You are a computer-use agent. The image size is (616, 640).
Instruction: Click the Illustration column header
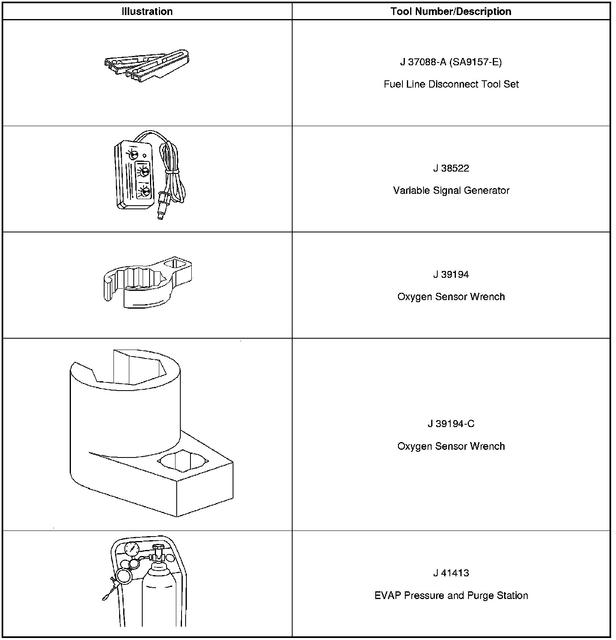(x=147, y=11)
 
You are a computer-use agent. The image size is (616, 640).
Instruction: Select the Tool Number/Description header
(x=451, y=11)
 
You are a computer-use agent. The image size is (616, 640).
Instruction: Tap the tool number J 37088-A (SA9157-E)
(x=451, y=62)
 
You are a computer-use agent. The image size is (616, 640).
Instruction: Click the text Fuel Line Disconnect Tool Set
(x=451, y=84)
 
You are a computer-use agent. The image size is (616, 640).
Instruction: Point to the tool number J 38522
(x=451, y=168)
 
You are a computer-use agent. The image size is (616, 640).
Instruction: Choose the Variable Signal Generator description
(x=451, y=191)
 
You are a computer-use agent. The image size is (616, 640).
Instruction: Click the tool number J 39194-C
(x=451, y=424)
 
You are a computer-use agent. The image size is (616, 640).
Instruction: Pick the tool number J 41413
(x=451, y=573)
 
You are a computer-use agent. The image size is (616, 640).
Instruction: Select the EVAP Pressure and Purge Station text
(x=451, y=596)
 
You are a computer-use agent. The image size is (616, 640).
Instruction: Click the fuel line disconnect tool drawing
(x=148, y=63)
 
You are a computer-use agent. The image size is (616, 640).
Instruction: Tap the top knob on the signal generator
(x=133, y=154)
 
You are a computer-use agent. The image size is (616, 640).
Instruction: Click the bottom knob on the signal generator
(x=144, y=192)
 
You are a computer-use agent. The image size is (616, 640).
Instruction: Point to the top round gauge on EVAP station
(x=132, y=550)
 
